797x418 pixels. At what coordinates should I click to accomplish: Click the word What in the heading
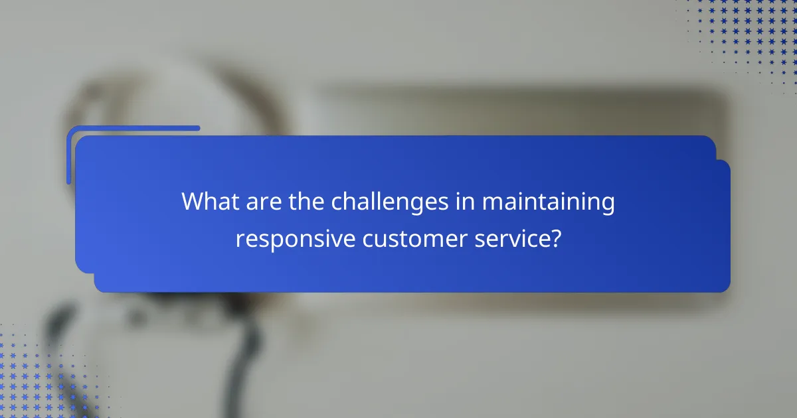click(209, 202)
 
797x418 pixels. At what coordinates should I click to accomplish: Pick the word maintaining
click(549, 202)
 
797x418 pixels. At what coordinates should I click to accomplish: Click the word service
click(514, 238)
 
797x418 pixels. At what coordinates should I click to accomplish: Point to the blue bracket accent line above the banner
click(133, 129)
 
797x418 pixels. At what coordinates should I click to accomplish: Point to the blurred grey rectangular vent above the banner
click(518, 109)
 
